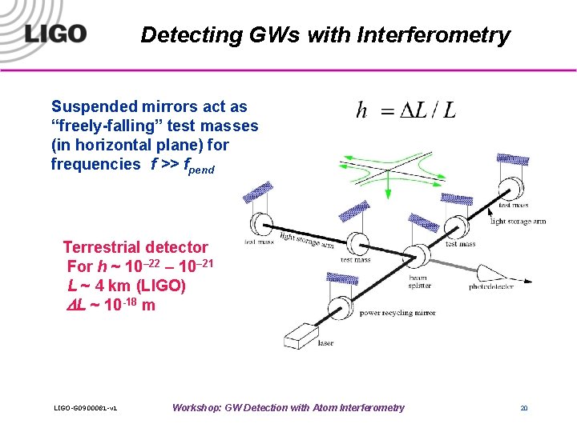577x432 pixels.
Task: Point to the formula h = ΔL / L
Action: click(x=406, y=111)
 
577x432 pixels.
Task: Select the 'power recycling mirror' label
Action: click(x=397, y=313)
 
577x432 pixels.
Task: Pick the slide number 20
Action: click(x=524, y=408)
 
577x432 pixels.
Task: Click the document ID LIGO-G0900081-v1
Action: click(x=86, y=409)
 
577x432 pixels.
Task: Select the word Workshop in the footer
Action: click(x=196, y=408)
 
